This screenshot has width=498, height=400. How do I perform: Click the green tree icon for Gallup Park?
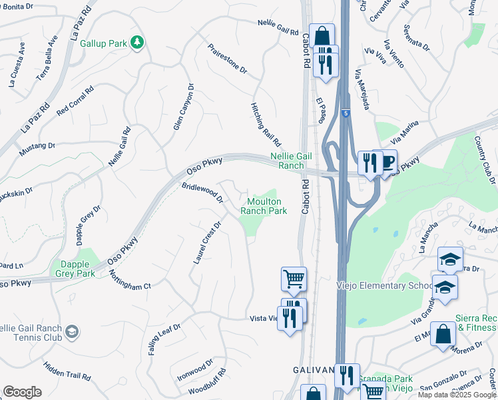coord(137,43)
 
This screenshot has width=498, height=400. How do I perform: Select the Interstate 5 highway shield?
coord(345,114)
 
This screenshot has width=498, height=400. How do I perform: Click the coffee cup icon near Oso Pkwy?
coord(387,161)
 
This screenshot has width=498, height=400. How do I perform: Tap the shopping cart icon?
coord(294,278)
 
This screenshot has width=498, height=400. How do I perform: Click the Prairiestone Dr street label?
coord(227,59)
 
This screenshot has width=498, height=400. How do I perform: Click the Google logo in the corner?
coord(22,392)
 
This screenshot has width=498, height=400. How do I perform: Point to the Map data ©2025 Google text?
coord(457,395)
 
